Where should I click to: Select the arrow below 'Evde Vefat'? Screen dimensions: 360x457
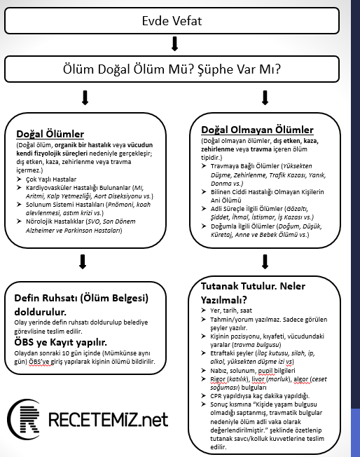pyautogui.click(x=174, y=43)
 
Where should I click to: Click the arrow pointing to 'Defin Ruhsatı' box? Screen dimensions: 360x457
pyautogui.click(x=83, y=261)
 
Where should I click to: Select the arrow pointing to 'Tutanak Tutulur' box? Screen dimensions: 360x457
pyautogui.click(x=265, y=261)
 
